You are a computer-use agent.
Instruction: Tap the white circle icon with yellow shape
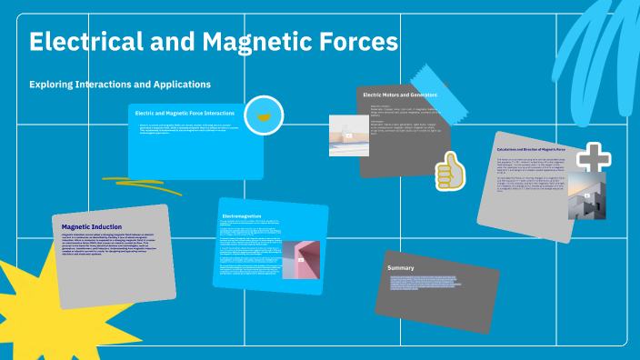pyautogui.click(x=265, y=115)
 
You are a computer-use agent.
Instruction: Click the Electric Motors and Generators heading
pyautogui.click(x=400, y=95)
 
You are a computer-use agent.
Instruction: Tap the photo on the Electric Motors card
pyautogui.click(x=347, y=135)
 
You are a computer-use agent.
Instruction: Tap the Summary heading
pyautogui.click(x=401, y=268)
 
